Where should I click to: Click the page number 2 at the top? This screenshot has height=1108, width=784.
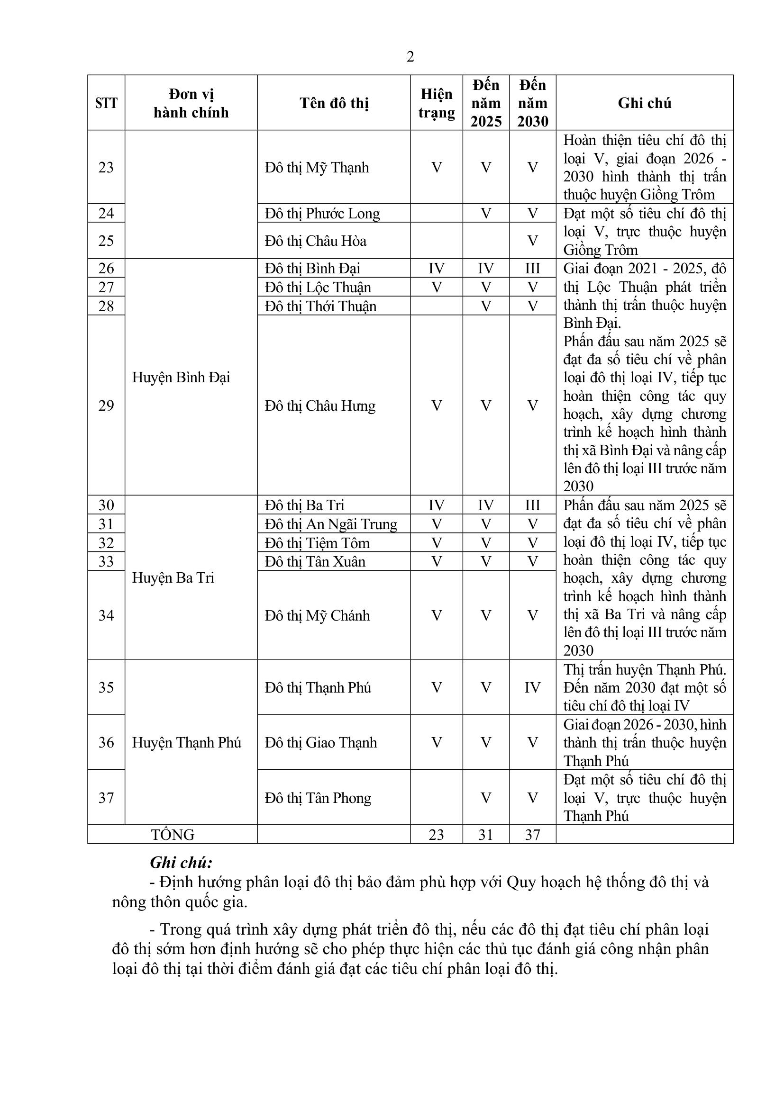coord(410,57)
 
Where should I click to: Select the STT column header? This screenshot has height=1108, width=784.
coord(106,103)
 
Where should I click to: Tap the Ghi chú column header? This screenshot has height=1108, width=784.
coord(644,103)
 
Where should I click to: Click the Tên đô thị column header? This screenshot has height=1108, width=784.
coord(334,103)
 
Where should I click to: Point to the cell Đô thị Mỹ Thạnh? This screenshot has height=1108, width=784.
coord(317,167)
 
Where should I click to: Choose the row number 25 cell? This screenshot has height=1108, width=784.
coord(106,240)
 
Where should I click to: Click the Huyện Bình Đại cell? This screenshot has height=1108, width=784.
coord(181,378)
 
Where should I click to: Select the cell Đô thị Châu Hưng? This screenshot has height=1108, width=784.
coord(319,406)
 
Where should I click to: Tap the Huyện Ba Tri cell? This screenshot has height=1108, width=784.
coord(173,577)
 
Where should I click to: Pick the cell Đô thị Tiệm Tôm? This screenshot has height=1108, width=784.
coord(317,543)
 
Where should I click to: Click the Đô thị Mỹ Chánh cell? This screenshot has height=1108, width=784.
coord(317,616)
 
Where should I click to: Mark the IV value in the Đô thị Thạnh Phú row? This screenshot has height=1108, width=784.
coord(532,687)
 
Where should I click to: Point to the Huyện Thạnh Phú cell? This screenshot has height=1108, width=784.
coord(186,742)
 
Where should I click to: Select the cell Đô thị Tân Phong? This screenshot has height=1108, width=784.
coord(318,798)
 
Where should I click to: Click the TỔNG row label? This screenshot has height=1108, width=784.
coord(173,834)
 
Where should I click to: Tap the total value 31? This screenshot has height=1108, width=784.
coord(486,835)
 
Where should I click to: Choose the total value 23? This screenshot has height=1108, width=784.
coord(436,835)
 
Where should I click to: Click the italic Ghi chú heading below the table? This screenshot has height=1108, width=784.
coord(181,862)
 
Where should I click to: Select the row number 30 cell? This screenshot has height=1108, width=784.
coord(106,505)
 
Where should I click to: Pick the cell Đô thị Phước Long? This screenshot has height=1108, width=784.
coord(322,213)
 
